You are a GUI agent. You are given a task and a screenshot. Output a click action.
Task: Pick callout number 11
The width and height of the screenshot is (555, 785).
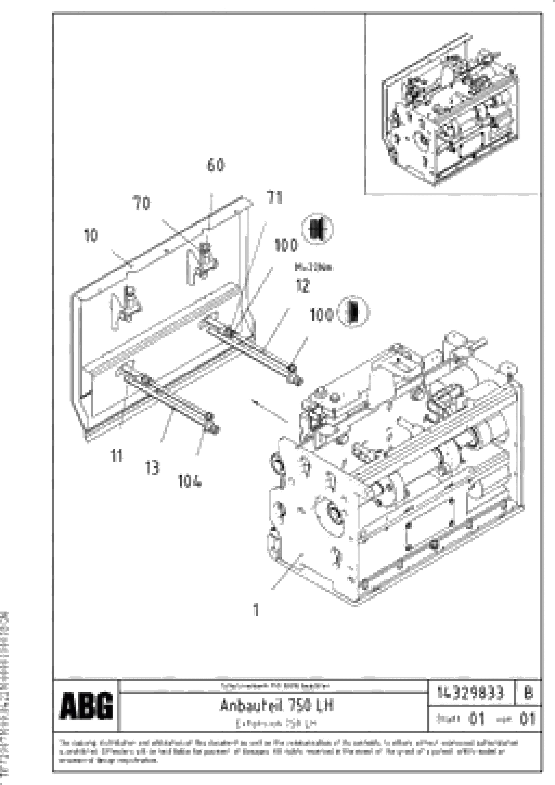tap(117, 456)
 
